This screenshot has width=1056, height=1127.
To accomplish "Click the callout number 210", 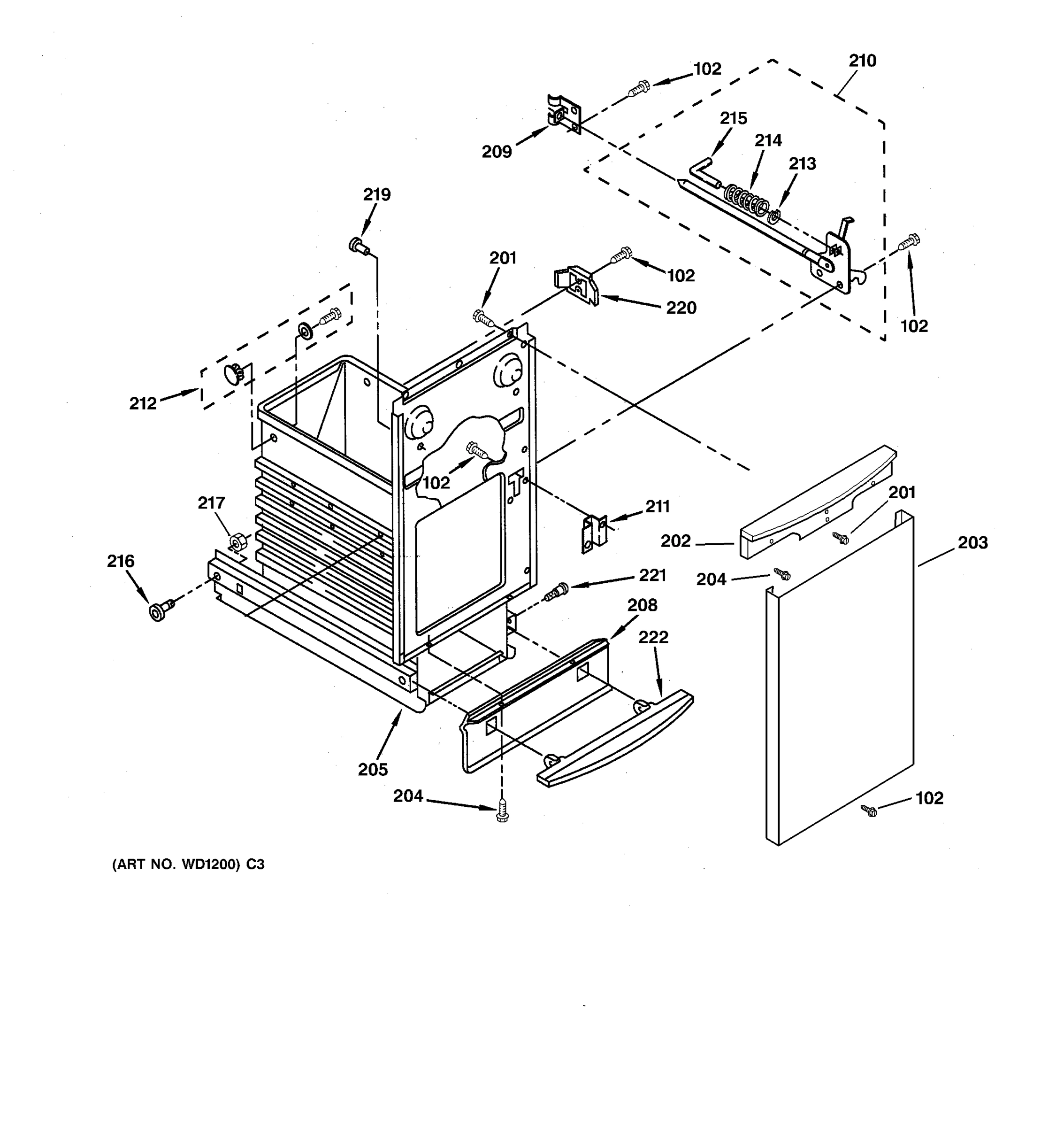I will tap(862, 61).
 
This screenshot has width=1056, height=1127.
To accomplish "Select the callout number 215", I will tap(733, 118).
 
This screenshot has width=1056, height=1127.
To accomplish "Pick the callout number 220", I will tap(681, 308).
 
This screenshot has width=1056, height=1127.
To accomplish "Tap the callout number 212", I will tap(143, 404).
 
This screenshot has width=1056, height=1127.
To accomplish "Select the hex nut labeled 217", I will tap(238, 542).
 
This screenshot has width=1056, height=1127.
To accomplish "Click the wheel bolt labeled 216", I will tap(159, 611).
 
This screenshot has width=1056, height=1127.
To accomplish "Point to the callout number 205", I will tap(373, 769).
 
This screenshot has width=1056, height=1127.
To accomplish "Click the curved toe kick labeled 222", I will tap(618, 742).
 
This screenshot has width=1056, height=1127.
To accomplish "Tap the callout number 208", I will tap(642, 605).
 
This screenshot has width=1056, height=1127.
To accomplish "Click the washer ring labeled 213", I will tap(774, 216).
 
